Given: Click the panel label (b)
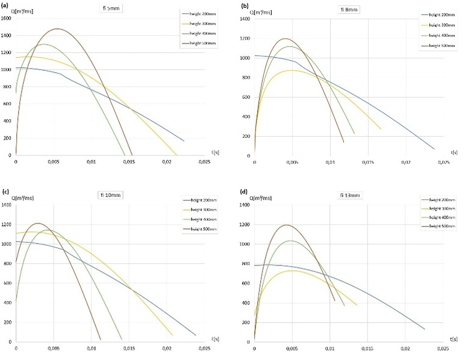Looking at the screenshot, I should [x=245, y=6].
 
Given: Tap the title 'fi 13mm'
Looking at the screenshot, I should [x=348, y=194].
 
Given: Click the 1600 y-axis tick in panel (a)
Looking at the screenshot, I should [x=7, y=18].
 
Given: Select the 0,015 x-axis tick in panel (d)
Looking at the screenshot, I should [x=367, y=348].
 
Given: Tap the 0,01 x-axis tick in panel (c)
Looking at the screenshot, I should [x=91, y=348].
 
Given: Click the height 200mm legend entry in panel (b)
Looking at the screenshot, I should [x=438, y=14].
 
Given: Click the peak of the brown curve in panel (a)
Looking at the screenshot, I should [x=57, y=28].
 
